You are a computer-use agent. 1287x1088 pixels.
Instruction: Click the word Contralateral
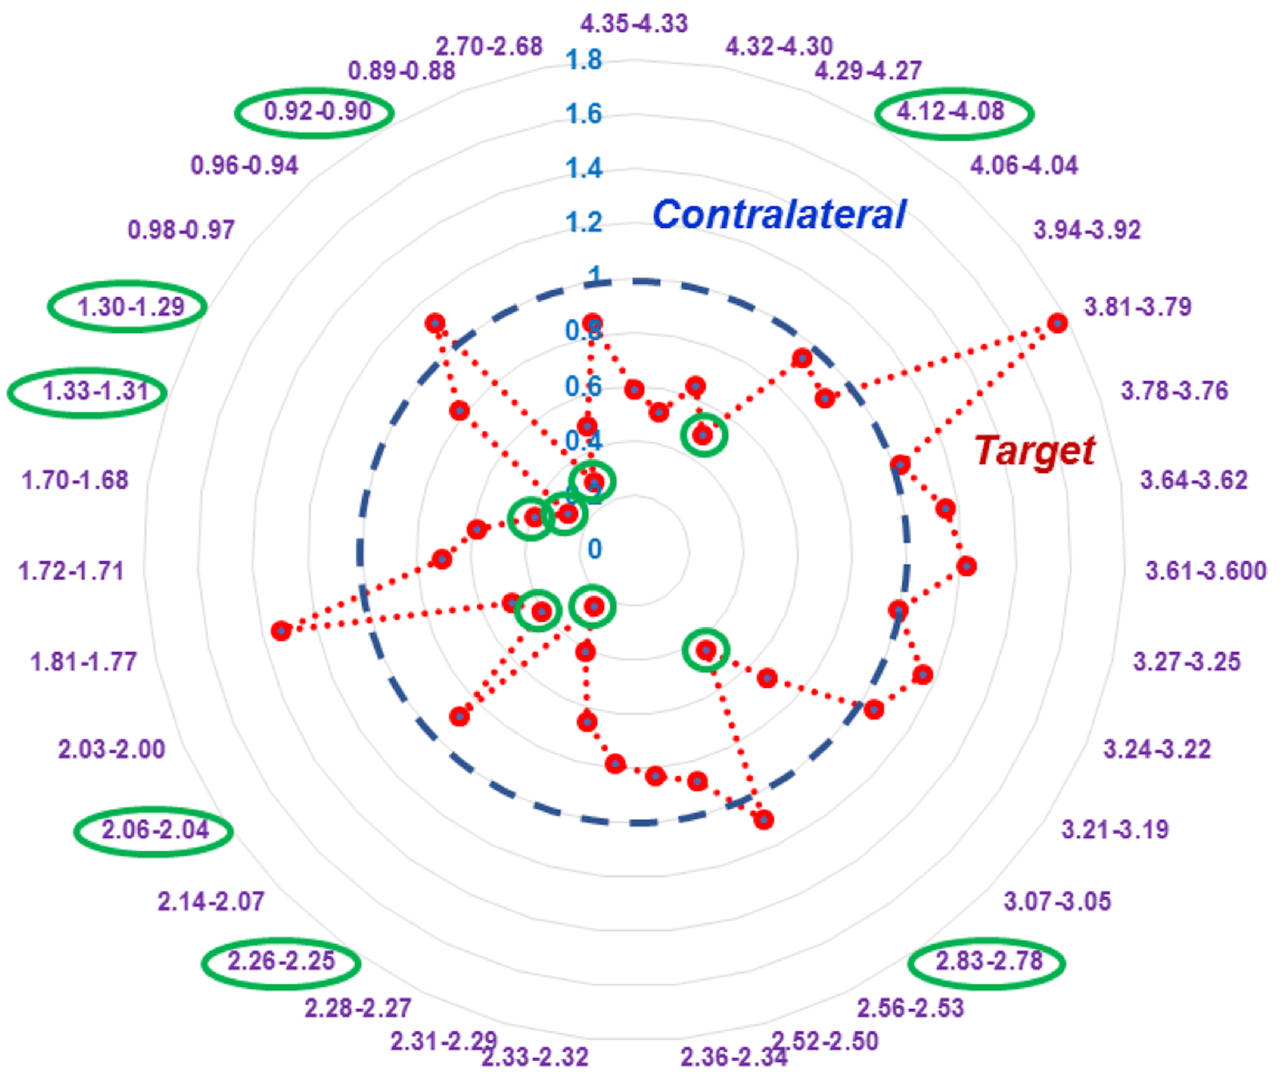(779, 215)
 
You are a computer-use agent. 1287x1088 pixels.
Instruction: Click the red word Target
(1034, 451)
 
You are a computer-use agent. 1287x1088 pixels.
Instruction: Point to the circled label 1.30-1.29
(131, 307)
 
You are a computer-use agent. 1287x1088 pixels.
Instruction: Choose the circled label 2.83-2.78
(989, 961)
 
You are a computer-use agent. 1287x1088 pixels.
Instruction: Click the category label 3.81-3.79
(1138, 307)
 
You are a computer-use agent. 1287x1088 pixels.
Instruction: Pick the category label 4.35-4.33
(634, 24)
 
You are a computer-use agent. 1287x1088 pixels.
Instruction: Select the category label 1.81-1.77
(83, 662)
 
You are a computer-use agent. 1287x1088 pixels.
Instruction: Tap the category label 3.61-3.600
(1206, 570)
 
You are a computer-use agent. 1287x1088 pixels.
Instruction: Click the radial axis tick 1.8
(584, 60)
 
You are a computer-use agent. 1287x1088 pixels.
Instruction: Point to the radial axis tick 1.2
(584, 222)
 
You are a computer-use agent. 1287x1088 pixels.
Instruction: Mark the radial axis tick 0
(594, 548)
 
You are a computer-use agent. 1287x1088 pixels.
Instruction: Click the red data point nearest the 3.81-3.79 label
(1058, 323)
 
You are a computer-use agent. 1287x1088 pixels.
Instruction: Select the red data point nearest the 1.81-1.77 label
(281, 630)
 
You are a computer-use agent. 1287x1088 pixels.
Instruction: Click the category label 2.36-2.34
(734, 1057)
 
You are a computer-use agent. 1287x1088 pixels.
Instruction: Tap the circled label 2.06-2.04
(155, 829)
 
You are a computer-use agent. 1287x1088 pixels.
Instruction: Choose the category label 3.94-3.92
(1087, 230)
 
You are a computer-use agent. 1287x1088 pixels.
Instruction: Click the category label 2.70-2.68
(489, 46)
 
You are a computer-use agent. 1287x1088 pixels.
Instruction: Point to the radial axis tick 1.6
(584, 114)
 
